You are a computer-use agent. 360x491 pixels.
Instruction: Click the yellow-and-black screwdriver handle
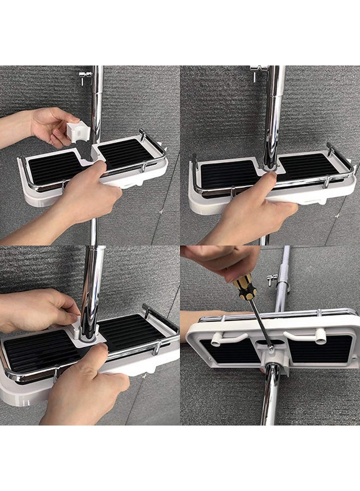coord(245,287)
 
